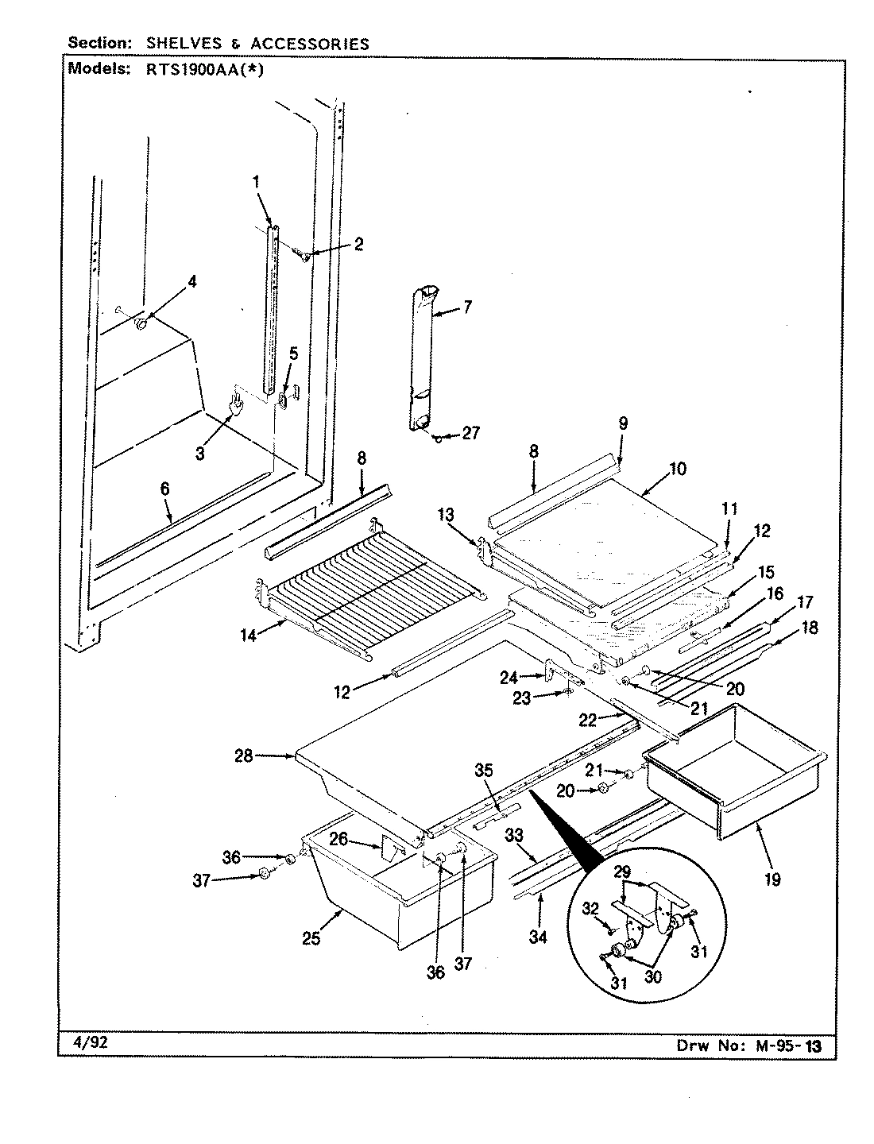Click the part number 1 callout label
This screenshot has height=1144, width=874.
point(257,182)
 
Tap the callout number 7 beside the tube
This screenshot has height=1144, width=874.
point(466,307)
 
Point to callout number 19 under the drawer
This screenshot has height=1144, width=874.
point(772,879)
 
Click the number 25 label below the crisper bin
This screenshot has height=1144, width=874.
point(311,938)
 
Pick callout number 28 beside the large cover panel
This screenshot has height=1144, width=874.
point(243,756)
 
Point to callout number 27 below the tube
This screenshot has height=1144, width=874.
point(470,435)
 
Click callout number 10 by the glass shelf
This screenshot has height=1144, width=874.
point(677,469)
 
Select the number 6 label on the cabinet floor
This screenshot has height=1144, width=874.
point(164,489)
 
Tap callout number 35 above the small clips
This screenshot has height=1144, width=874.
point(484,771)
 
